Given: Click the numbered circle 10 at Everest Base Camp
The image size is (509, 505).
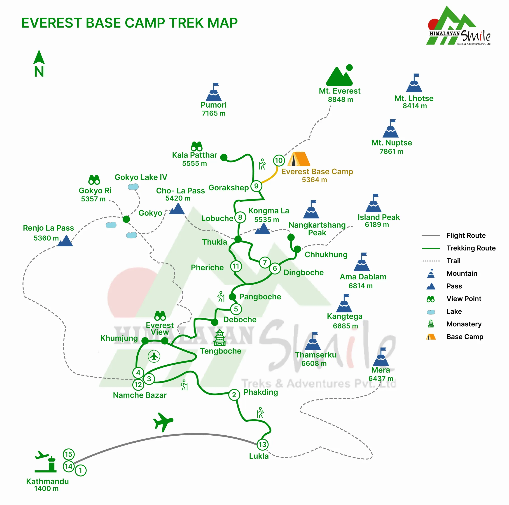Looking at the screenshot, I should (279, 160).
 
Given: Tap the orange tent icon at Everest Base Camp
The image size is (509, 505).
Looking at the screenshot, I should (299, 159).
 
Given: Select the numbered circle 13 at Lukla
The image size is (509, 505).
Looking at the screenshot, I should (262, 444).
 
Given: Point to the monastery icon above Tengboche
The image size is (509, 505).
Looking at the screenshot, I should (219, 337).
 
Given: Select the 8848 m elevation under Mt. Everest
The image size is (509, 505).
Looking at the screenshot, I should (340, 99).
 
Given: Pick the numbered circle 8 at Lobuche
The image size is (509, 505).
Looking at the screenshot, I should (240, 217).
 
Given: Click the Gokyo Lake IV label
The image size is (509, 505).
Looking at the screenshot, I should (141, 177).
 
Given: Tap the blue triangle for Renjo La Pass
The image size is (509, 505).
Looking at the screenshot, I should (65, 241).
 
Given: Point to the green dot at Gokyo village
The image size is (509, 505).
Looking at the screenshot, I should (126, 219).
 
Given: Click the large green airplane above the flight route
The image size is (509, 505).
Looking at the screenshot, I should (163, 421).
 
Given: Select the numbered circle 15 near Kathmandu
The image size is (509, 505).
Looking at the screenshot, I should (68, 454).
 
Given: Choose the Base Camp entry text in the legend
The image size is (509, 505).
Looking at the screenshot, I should (465, 337).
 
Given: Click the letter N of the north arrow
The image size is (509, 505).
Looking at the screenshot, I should (39, 71).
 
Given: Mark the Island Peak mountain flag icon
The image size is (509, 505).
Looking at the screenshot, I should (374, 204).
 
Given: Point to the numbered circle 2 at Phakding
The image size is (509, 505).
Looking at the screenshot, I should (234, 395).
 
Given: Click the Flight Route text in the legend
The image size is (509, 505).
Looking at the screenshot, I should (466, 236).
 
